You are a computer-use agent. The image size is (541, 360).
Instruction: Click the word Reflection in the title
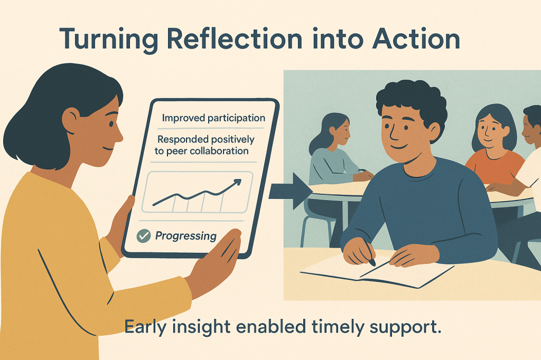point(235,39)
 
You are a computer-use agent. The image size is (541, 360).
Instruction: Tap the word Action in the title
point(416,39)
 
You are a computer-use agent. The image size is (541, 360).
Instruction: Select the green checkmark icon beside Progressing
point(144,236)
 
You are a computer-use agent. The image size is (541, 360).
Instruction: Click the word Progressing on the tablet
point(185,236)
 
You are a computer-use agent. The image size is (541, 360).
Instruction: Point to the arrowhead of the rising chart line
point(237,182)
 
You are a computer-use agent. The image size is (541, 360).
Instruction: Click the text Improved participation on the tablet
point(213,118)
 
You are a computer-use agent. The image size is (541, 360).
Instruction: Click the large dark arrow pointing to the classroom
point(290,191)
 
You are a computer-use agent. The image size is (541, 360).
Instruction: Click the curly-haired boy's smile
point(399,147)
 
